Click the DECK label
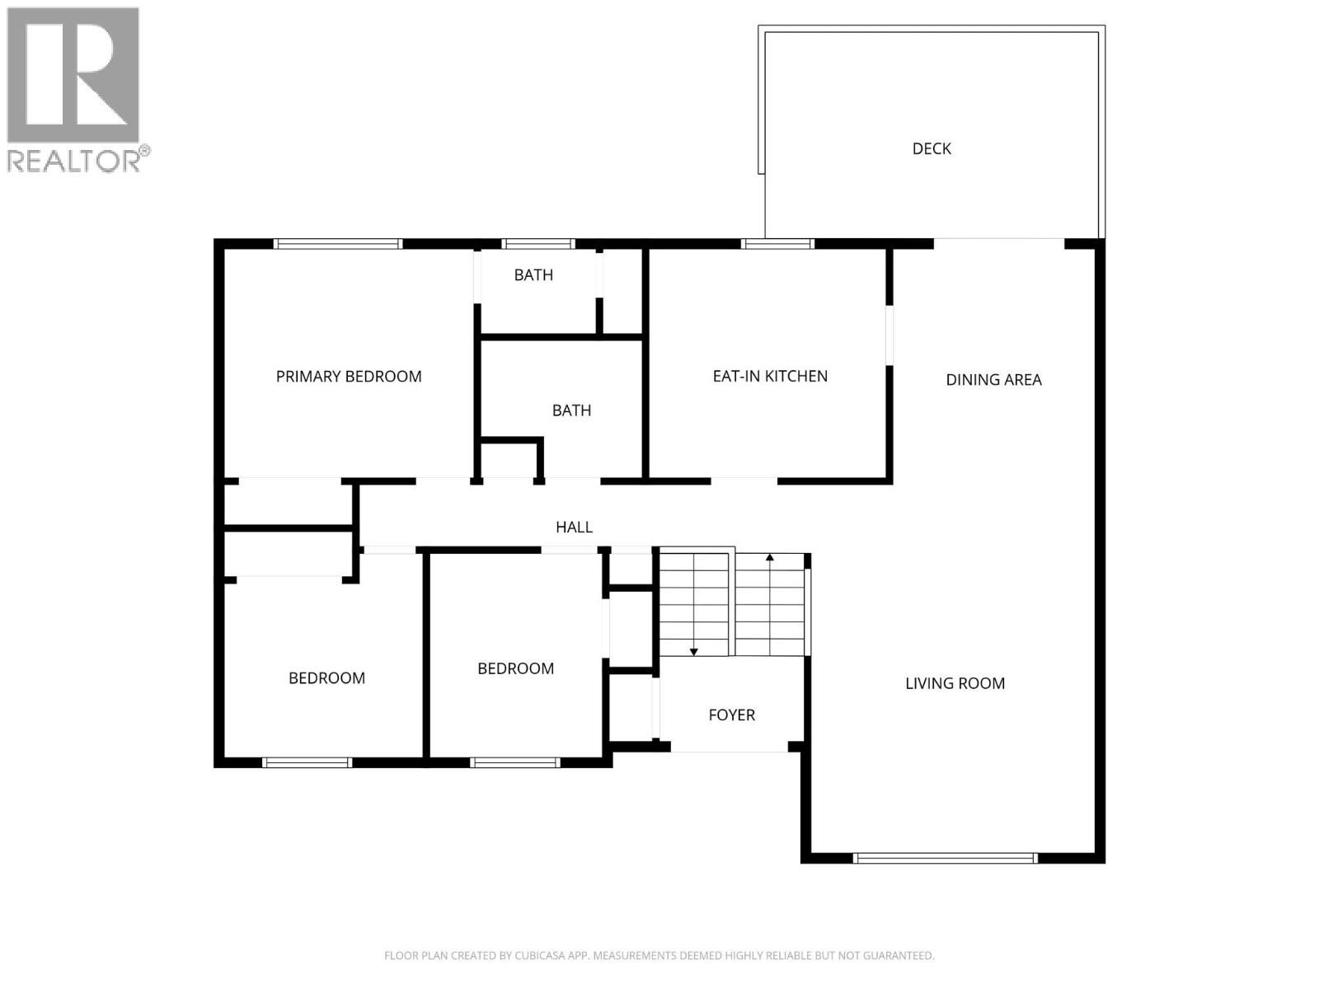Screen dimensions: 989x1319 pos(932,148)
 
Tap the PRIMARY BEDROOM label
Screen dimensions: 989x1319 pos(349,377)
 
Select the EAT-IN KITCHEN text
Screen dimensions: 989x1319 pos(770,377)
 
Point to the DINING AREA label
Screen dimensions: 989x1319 pos(993,380)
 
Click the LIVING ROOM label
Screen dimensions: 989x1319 pos(955,683)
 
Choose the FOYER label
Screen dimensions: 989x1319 pos(731,715)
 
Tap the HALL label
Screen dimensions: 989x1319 pos(574,527)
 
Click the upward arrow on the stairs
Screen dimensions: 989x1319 pos(770,559)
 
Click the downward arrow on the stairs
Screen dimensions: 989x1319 pos(694,651)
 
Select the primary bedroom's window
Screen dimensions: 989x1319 pos(337,244)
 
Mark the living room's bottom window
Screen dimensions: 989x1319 pos(945,858)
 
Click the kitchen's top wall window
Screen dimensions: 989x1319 pos(777,244)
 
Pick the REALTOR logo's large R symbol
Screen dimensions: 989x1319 pos(73,76)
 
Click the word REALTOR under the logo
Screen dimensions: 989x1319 pos(74,161)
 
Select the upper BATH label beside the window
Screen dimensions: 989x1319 pos(533,275)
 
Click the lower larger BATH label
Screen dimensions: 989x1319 pos(571,410)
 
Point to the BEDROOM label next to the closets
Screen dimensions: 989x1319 pos(515,668)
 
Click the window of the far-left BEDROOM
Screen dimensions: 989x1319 pos(307,762)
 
